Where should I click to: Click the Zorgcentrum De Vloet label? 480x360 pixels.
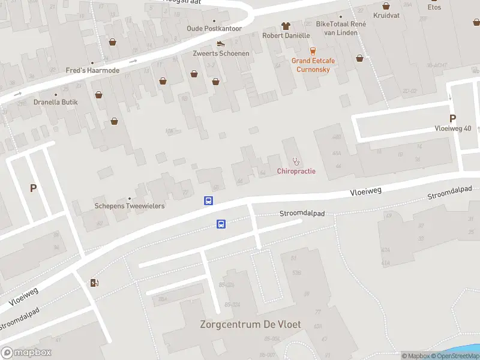pyautogui.click(x=250, y=325)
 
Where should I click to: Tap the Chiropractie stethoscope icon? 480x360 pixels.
pyautogui.click(x=296, y=161)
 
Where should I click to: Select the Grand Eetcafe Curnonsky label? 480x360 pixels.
pyautogui.click(x=313, y=65)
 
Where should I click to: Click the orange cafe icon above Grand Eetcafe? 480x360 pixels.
pyautogui.click(x=312, y=50)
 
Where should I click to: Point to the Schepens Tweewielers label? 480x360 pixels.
pyautogui.click(x=130, y=206)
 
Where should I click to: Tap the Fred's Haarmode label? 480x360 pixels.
pyautogui.click(x=92, y=70)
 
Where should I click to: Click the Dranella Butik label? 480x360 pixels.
pyautogui.click(x=56, y=102)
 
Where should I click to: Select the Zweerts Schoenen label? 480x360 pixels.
pyautogui.click(x=221, y=53)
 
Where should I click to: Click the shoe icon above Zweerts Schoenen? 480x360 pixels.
pyautogui.click(x=221, y=43)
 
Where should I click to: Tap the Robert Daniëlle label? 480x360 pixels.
pyautogui.click(x=286, y=35)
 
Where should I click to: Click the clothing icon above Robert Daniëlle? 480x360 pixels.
pyautogui.click(x=286, y=26)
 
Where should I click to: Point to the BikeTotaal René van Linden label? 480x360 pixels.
pyautogui.click(x=341, y=28)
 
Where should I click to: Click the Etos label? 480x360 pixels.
pyautogui.click(x=434, y=7)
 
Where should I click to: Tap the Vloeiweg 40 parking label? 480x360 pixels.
pyautogui.click(x=453, y=128)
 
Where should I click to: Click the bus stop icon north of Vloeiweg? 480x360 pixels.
pyautogui.click(x=209, y=201)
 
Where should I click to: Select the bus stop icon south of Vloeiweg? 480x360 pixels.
pyautogui.click(x=221, y=224)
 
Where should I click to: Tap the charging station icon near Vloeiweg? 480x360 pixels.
pyautogui.click(x=95, y=283)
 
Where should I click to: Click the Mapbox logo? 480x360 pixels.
pyautogui.click(x=26, y=352)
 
